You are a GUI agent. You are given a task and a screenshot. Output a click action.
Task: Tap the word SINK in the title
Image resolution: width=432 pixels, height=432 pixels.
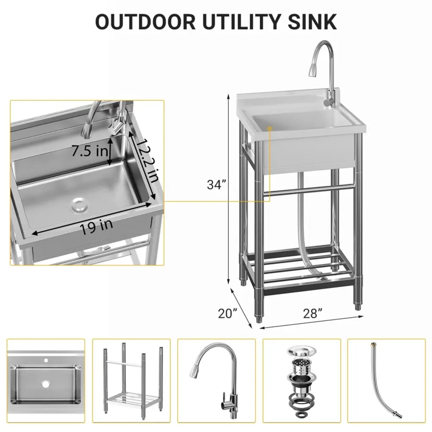312,22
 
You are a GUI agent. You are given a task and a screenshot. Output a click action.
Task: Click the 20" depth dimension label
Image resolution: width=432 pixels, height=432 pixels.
227,313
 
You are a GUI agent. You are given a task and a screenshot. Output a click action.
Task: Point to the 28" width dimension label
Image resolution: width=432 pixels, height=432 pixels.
313,313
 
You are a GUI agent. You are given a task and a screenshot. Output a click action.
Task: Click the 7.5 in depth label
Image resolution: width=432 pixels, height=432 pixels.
90,151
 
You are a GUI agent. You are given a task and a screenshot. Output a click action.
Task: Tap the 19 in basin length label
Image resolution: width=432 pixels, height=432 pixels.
97,227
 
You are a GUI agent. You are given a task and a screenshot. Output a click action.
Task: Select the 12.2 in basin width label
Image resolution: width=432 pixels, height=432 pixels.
148,161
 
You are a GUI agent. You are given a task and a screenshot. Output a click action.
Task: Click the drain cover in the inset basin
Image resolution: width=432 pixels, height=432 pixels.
79,205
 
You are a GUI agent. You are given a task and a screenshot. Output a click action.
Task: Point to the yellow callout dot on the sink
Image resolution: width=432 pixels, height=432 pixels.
270,128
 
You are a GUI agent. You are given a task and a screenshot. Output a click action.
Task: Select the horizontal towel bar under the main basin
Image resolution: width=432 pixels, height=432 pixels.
308,191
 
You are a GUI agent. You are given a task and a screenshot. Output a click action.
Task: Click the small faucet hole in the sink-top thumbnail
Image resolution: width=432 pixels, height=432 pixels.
46,360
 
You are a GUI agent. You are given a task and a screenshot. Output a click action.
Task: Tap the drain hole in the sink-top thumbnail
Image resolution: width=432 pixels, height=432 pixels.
46,383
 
